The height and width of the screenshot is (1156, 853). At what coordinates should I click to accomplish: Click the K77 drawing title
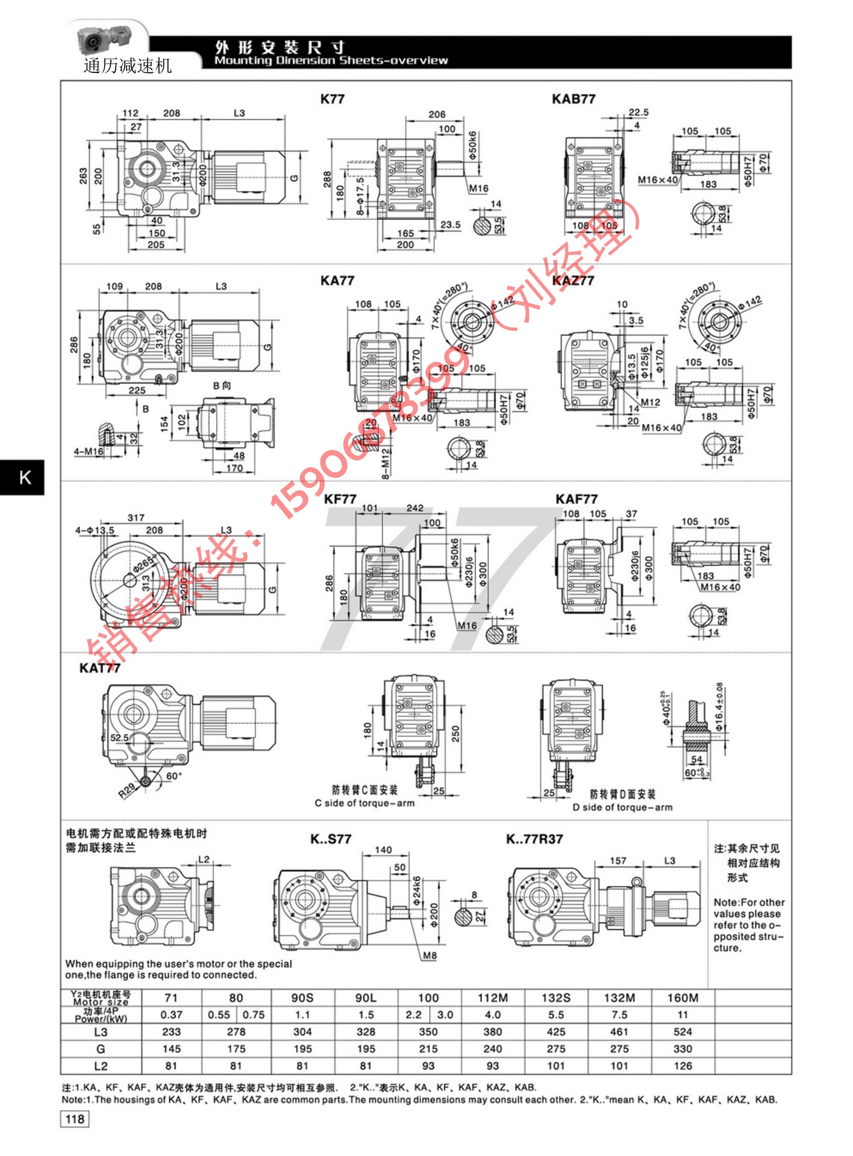333,99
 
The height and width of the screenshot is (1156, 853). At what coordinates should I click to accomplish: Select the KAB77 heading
573,99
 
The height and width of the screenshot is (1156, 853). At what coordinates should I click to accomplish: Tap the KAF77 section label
576,499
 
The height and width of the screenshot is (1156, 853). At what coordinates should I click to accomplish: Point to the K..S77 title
331,839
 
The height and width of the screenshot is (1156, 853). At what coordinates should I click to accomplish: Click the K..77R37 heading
534,839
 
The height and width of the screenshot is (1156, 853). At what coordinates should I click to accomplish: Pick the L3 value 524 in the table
683,1032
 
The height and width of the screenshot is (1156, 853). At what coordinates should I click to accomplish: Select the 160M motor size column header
683,998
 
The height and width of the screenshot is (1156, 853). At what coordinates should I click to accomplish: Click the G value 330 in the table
683,1049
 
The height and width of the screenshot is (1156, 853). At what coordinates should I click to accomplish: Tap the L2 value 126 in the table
683,1066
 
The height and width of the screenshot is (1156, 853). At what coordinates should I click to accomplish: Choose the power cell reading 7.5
619,1015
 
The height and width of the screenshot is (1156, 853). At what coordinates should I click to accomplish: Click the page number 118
75,1119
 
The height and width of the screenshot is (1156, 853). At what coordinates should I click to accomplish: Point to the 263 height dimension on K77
83,175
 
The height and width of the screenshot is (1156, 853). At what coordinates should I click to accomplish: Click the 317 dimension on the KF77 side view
136,518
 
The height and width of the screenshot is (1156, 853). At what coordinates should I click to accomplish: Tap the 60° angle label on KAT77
173,776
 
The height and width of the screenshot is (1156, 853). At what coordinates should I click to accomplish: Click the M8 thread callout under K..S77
430,956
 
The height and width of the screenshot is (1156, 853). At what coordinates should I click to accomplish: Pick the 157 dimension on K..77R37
618,861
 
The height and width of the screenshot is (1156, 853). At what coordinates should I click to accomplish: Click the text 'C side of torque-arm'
364,803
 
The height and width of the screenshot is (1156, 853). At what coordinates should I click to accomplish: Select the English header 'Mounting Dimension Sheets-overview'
331,61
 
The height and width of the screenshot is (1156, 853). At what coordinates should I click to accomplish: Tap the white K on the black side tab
25,477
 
